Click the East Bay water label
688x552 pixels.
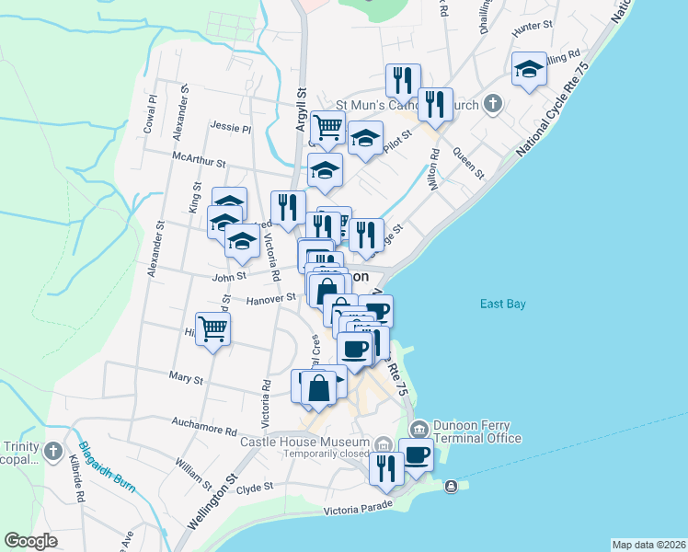pos(502,305)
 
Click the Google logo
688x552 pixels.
pos(30,541)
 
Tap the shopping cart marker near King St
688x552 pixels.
pos(212,328)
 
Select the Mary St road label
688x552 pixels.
pos(185,377)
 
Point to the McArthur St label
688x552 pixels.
pos(199,161)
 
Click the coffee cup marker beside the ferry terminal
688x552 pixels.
pos(416,454)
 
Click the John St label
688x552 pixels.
pos(229,275)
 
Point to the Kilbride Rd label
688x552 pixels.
pos(79,486)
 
